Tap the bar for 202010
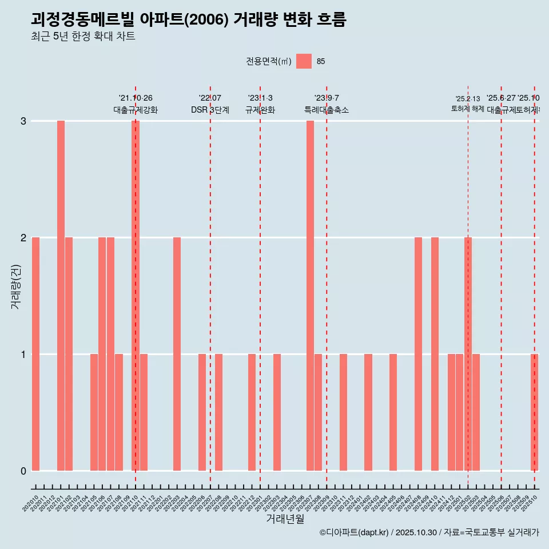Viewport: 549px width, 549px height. tap(35, 354)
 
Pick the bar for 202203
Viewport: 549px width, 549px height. tap(177, 354)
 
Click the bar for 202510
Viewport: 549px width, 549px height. tap(534, 412)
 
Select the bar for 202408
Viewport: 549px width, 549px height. tap(418, 354)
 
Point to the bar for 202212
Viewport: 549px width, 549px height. tap(252, 412)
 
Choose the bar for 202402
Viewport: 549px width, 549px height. tap(368, 412)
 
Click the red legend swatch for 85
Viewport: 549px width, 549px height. tap(304, 61)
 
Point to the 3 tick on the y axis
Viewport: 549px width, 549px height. tap(23, 121)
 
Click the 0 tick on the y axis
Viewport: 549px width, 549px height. tap(23, 471)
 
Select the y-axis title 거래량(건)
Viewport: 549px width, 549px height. tap(15, 286)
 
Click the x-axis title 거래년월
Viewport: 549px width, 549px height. tap(285, 519)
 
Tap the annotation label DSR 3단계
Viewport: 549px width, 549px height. tap(210, 110)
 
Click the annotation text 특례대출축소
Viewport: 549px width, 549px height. tap(326, 110)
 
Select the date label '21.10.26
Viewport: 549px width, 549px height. tap(136, 98)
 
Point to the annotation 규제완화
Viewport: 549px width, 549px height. tap(260, 110)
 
